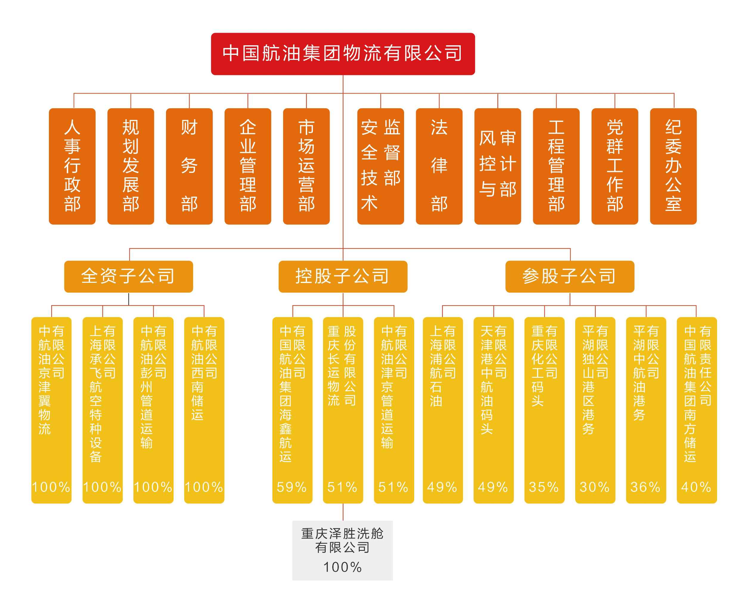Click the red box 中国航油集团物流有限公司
[x=342, y=54]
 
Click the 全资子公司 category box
[x=128, y=276]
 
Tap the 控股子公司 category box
[x=342, y=276]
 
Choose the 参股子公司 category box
[x=569, y=276]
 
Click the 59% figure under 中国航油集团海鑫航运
[x=292, y=487]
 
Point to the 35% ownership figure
[x=544, y=487]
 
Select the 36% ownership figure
[x=645, y=487]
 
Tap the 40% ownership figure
[x=696, y=487]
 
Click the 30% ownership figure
[x=595, y=487]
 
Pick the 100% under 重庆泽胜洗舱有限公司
[x=342, y=567]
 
